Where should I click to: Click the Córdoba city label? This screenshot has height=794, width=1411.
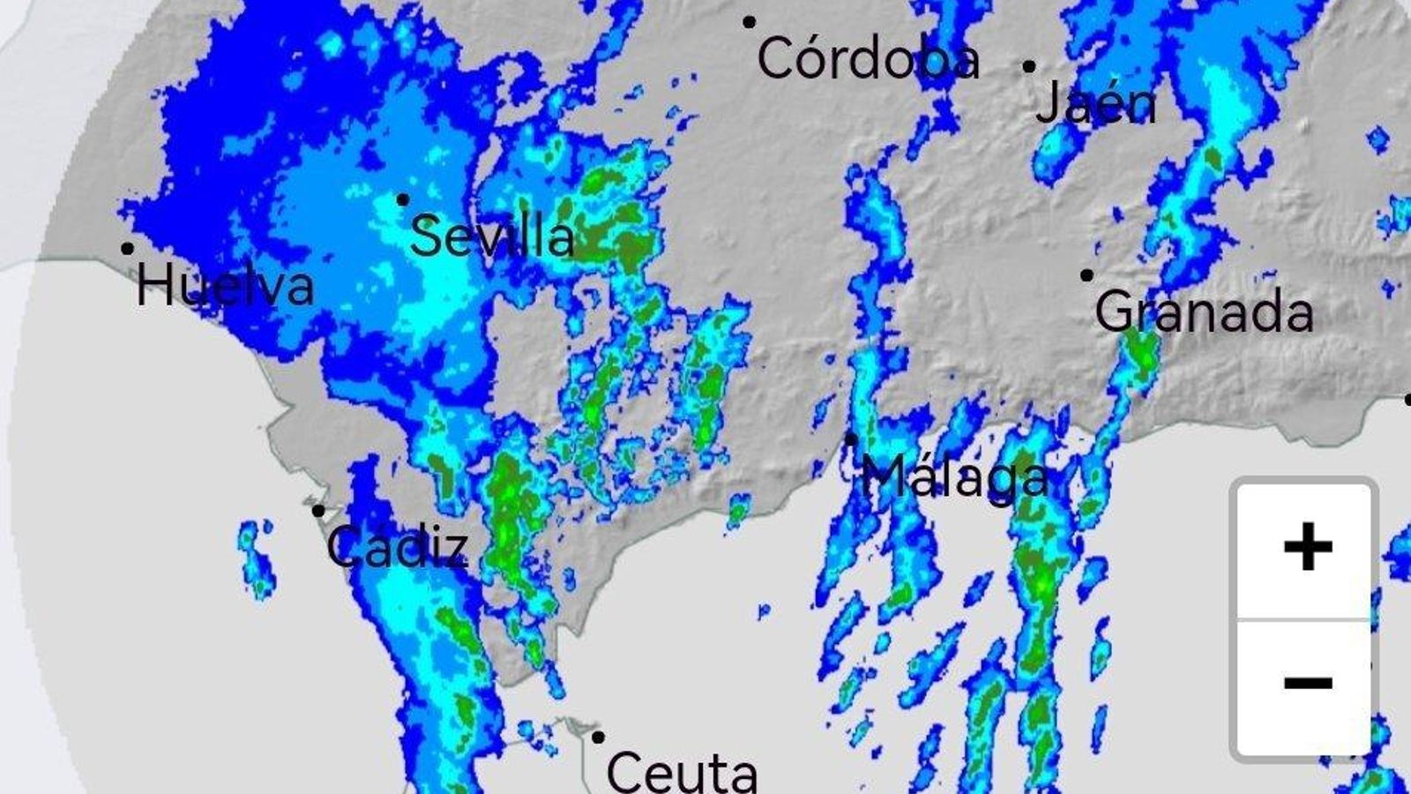[868, 59]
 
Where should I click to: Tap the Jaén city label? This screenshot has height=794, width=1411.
[1095, 103]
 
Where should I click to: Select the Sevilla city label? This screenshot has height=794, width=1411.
[492, 236]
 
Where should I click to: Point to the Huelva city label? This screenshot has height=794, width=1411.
[225, 286]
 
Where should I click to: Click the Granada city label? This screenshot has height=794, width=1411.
[1204, 311]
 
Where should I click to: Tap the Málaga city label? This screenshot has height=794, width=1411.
[955, 477]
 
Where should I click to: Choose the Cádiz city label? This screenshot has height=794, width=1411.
[397, 546]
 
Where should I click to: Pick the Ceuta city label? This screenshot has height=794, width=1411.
[682, 772]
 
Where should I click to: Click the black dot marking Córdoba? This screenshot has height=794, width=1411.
[749, 22]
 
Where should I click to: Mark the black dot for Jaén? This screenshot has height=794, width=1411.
[1029, 66]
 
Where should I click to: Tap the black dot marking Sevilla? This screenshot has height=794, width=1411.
[403, 200]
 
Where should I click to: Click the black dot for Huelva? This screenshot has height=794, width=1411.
[128, 249]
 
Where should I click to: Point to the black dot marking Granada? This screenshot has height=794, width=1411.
[1086, 275]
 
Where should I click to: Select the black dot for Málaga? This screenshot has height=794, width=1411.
[851, 438]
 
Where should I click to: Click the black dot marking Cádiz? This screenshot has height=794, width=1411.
[318, 511]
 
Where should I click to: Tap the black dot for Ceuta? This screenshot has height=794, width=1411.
[598, 737]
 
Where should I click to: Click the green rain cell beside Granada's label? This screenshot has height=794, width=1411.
[1140, 353]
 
